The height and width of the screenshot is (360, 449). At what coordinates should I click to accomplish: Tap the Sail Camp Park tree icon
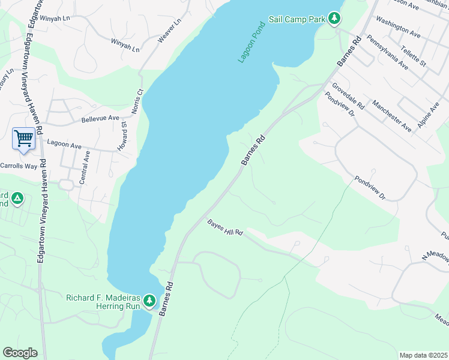[334, 19]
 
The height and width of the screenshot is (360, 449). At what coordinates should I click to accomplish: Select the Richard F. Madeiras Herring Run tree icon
[149, 300]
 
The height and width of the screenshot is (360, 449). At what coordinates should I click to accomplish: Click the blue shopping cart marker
[23, 138]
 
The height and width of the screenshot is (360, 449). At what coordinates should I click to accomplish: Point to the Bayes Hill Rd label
[224, 227]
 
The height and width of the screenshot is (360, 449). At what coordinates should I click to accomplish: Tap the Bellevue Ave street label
[100, 119]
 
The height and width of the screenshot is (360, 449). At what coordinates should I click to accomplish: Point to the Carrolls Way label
[18, 166]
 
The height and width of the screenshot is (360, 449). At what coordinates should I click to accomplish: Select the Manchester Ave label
[391, 115]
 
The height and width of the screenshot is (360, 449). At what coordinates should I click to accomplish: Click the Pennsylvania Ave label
[387, 53]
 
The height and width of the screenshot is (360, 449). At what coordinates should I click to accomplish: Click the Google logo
[20, 353]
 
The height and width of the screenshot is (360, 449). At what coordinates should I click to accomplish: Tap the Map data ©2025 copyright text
[423, 355]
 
